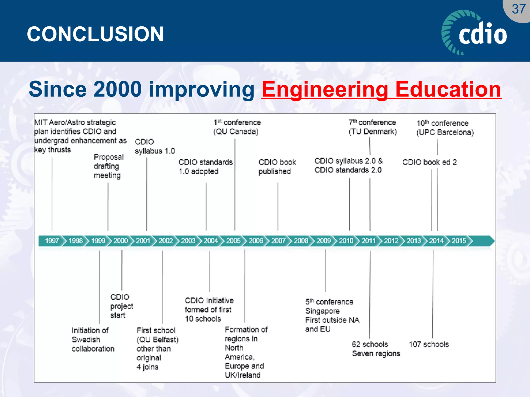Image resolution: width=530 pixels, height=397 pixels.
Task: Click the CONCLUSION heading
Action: click(95, 34)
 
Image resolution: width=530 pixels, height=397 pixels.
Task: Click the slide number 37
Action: click(518, 9)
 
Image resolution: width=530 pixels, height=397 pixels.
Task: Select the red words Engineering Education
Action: click(381, 89)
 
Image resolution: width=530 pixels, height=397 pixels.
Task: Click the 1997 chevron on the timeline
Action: click(52, 241)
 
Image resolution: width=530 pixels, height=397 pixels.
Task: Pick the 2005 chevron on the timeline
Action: click(233, 241)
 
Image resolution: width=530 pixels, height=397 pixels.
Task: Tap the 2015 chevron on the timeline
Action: click(459, 241)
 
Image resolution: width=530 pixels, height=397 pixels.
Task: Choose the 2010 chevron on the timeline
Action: click(346, 241)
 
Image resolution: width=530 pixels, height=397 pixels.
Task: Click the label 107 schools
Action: click(429, 344)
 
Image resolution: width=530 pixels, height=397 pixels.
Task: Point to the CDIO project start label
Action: click(121, 306)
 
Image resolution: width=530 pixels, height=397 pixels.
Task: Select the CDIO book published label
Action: click(277, 167)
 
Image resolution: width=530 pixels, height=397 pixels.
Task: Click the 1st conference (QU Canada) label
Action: click(237, 127)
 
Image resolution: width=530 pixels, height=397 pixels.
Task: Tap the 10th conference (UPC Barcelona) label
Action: click(445, 128)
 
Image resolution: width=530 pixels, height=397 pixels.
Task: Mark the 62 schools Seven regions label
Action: click(376, 349)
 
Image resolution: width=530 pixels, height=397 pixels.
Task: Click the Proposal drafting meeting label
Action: click(108, 166)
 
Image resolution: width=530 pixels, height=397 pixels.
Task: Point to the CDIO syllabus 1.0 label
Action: click(154, 146)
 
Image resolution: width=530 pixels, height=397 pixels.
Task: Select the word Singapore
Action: click(322, 311)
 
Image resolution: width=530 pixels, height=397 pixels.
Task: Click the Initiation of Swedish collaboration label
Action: click(93, 339)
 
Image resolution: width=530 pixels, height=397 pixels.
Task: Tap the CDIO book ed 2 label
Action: click(429, 162)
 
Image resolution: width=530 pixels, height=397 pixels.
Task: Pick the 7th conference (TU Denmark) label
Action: click(372, 127)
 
